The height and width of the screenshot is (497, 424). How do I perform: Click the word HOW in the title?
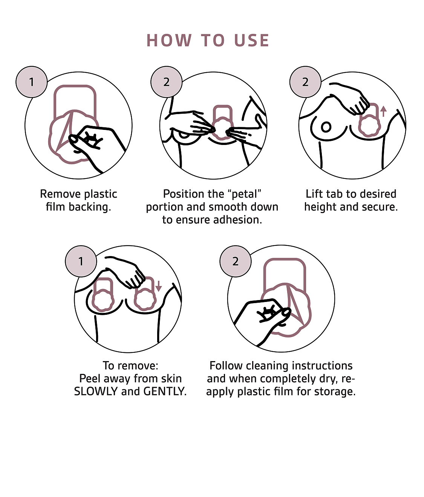pyautogui.click(x=169, y=41)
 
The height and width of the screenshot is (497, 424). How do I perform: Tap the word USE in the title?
pyautogui.click(x=251, y=41)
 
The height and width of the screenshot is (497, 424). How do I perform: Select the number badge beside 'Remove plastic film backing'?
pyautogui.click(x=32, y=82)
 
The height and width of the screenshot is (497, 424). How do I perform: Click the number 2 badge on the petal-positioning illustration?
pyautogui.click(x=166, y=82)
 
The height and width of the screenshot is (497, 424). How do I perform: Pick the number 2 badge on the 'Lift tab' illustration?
pyautogui.click(x=305, y=82)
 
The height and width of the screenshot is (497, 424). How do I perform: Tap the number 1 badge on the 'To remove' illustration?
pyautogui.click(x=81, y=261)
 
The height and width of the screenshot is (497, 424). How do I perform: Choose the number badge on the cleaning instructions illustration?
pyautogui.click(x=235, y=261)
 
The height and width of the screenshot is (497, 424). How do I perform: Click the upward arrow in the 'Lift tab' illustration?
pyautogui.click(x=383, y=111)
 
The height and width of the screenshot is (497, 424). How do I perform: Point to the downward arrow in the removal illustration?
pyautogui.click(x=159, y=286)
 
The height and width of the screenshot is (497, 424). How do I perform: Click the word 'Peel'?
pyautogui.click(x=90, y=379)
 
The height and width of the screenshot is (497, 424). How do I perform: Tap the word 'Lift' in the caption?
pyautogui.click(x=314, y=194)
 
